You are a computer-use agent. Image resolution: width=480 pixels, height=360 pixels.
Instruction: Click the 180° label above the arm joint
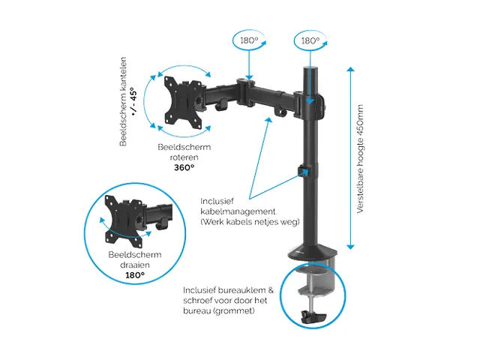coord(249,40)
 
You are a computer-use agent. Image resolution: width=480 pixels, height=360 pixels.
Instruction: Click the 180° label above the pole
coord(310,40)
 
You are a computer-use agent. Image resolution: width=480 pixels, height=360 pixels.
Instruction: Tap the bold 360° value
coord(184,168)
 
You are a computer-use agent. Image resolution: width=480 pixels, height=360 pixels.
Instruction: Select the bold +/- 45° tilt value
coord(133,101)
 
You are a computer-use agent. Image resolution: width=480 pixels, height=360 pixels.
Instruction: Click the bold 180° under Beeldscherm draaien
coord(135,275)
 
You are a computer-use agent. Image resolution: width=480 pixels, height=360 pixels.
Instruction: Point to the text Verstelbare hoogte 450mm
coord(360,159)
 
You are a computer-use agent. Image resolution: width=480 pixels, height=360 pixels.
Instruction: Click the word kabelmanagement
coord(238,211)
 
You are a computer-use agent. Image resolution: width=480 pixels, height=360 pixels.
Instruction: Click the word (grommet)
coord(234,311)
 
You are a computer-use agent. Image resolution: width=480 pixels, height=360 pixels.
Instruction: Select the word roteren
coord(184,157)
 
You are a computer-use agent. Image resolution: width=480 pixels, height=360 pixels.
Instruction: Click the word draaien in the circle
coord(135,265)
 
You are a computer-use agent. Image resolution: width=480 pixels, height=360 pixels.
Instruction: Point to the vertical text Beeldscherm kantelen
coord(123,102)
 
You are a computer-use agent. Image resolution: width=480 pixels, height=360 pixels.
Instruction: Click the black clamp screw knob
coord(313,317)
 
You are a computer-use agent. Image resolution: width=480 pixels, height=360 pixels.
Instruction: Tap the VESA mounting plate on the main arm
coord(184,102)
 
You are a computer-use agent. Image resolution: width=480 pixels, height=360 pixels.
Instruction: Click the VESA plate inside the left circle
coord(124,221)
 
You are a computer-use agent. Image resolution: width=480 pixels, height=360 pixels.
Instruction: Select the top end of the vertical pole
coord(311,68)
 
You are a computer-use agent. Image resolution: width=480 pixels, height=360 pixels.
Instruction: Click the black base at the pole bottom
coord(312,251)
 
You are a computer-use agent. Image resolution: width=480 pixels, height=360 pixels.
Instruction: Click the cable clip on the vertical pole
coord(304,172)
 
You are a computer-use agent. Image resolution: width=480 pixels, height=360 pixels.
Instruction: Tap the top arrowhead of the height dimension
coord(351,70)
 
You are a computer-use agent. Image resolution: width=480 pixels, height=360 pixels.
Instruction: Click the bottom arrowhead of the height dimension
coord(351,247)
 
